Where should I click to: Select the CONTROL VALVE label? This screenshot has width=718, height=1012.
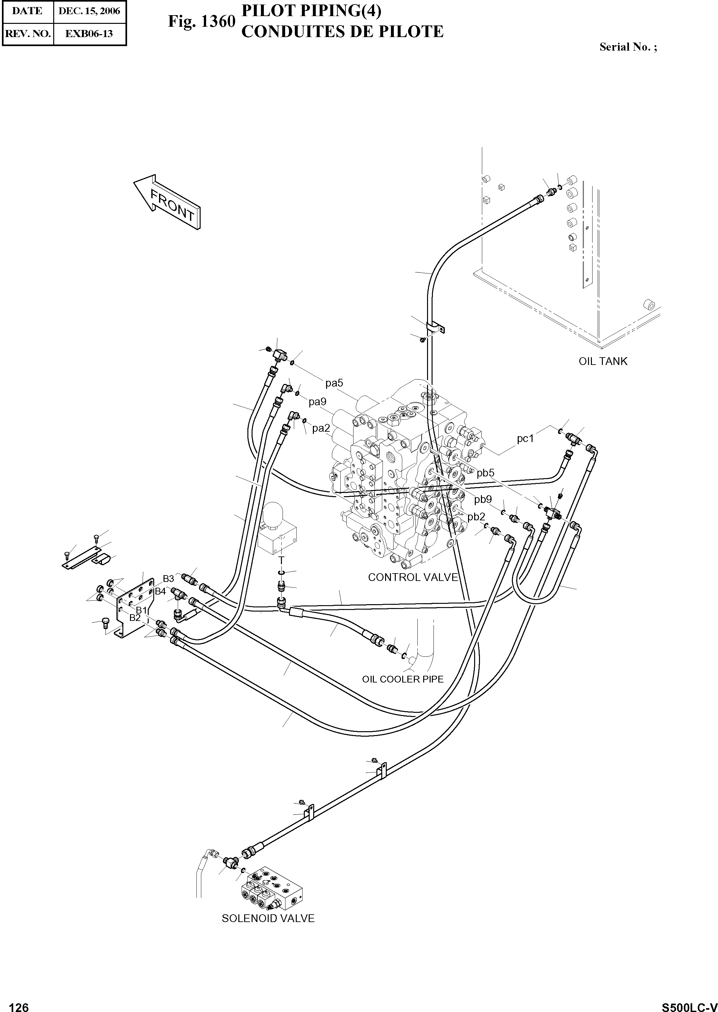click(x=413, y=577)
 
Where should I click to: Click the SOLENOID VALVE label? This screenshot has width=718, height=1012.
click(x=268, y=918)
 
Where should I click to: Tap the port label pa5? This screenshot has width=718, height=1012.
click(x=334, y=383)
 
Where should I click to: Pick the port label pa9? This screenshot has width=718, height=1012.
click(x=317, y=402)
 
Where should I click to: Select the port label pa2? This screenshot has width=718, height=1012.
click(x=321, y=428)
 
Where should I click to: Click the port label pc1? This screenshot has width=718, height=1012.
click(x=525, y=439)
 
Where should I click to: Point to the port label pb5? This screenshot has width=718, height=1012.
click(x=485, y=473)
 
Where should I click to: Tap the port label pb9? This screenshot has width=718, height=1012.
click(x=483, y=499)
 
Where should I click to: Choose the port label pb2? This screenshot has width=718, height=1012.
click(x=476, y=516)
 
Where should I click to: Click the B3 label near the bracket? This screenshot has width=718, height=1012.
click(x=168, y=578)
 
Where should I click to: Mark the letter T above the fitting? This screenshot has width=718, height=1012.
click(x=281, y=560)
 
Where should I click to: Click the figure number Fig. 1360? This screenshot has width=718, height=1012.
click(x=201, y=21)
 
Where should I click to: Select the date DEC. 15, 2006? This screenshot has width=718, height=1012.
click(x=89, y=11)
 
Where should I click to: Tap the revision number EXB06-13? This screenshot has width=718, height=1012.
click(x=89, y=33)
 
